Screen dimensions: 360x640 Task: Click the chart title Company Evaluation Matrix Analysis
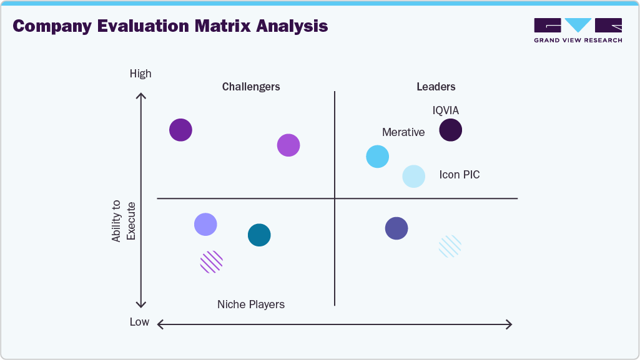point(170,26)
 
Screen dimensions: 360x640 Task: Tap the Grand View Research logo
point(578,30)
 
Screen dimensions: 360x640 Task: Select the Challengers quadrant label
point(251,87)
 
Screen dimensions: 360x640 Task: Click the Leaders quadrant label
point(436,87)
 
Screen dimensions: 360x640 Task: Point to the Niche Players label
point(251,304)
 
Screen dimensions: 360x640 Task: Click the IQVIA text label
point(446,110)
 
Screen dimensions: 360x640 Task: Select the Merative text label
point(403,132)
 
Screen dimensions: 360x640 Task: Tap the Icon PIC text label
point(460,175)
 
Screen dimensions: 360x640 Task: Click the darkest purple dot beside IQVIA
point(450,130)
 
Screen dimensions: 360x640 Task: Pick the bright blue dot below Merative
point(377,157)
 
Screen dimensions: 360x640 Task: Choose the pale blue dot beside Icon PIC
point(413,177)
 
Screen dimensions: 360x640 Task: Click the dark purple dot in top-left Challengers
point(180,130)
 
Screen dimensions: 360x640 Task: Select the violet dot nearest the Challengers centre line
point(288,145)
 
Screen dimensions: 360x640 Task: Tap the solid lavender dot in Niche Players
point(205,224)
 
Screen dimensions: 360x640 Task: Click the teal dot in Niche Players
point(259,235)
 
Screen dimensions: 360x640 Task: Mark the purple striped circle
point(211,262)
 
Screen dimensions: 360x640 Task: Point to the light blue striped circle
point(450,246)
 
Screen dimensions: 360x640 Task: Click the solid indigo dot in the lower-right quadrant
point(396,228)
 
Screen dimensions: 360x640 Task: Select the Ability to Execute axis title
point(124,221)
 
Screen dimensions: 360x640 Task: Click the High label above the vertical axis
point(140,74)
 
